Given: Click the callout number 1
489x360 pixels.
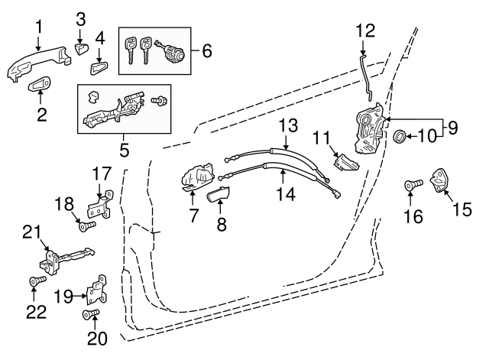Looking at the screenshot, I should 37,28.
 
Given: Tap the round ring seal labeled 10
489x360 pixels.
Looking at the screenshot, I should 399,138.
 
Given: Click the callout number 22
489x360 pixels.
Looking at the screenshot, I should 35,312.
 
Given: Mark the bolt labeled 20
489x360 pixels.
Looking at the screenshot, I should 91,315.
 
